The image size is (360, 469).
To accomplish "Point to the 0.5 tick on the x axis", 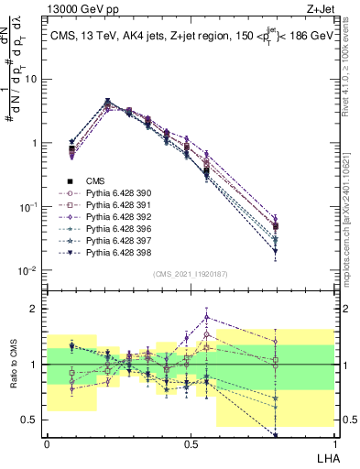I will [x=191, y=444].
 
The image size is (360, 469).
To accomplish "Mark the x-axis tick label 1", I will [x=333, y=444].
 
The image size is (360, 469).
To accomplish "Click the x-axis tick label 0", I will [x=48, y=444].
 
